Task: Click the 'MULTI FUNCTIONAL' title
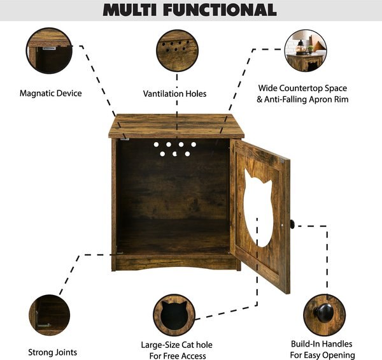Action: (x=190, y=10)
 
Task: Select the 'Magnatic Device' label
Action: (x=51, y=94)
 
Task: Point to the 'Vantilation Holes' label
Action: (x=174, y=94)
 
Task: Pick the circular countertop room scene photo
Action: (x=305, y=52)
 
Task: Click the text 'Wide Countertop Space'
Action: (x=303, y=88)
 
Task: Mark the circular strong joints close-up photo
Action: (x=50, y=314)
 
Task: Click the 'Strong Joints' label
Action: (x=53, y=352)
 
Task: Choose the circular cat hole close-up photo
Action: (x=174, y=314)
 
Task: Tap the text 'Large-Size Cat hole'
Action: (x=176, y=345)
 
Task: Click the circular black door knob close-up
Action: (x=323, y=314)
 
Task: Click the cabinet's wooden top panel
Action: (x=176, y=125)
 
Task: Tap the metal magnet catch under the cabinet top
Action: (x=125, y=138)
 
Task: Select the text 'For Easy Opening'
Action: (x=322, y=355)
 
